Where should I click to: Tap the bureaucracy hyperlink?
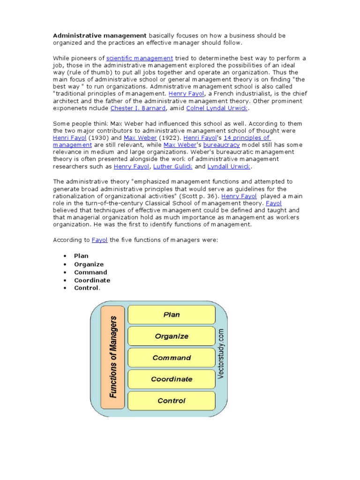coord(213,145)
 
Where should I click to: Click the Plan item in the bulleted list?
coord(81,256)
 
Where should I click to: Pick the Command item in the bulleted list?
coord(90,272)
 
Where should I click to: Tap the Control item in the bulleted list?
coord(87,288)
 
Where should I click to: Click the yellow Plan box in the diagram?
coord(171,315)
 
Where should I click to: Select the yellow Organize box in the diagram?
coord(171,337)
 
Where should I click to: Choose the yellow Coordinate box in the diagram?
coord(171,379)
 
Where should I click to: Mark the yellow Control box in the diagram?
coord(171,401)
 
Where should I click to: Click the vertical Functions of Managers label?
coord(113,357)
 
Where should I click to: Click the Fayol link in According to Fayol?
coord(99,240)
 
